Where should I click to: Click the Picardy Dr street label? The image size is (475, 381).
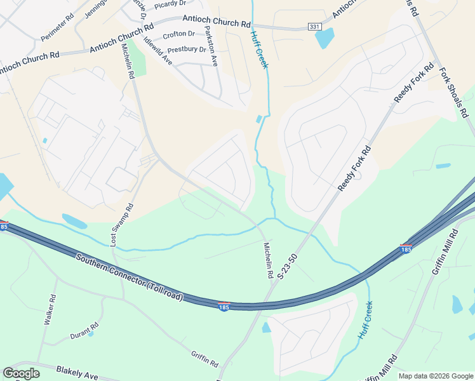coord(169,4)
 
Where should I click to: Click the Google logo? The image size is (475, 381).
coord(21,374)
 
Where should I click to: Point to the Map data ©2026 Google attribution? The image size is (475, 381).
coord(436,376)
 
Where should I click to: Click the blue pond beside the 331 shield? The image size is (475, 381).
coord(324,38)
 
